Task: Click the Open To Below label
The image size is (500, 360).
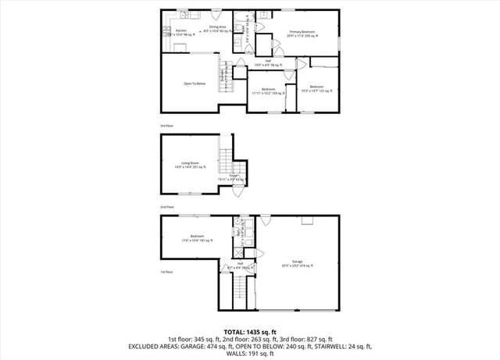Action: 195,84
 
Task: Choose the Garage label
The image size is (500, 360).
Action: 297,263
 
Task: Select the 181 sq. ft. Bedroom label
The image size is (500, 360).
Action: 197,237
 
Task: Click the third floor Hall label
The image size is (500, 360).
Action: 268,62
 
